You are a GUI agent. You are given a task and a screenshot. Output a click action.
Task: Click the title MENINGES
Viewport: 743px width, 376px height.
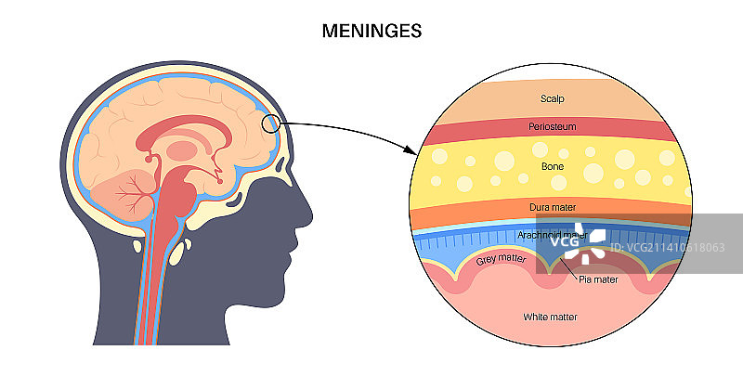tap(371, 31)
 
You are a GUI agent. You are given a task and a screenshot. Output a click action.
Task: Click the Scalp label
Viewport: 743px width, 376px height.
tap(552, 97)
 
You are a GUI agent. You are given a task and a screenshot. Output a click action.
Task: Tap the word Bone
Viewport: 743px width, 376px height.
tap(552, 168)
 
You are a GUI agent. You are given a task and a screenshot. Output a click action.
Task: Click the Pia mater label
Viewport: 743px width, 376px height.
tap(598, 278)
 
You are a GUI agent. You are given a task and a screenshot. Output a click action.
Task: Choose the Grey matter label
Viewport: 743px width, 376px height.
tap(502, 261)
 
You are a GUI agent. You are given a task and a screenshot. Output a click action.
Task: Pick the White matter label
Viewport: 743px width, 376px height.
tap(550, 318)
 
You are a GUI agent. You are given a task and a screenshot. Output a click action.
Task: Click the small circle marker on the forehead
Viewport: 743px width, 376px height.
tap(270, 123)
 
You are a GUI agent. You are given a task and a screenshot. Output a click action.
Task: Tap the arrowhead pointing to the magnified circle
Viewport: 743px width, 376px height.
tap(410, 150)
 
